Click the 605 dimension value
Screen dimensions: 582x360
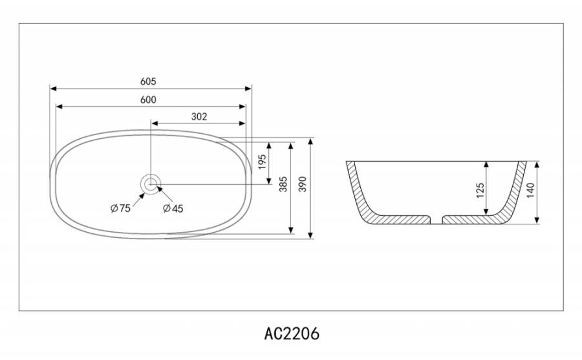pyautogui.click(x=148, y=81)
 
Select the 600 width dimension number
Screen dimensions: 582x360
pyautogui.click(x=148, y=100)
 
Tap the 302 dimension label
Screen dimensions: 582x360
pyautogui.click(x=199, y=117)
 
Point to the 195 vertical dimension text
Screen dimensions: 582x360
pyautogui.click(x=262, y=162)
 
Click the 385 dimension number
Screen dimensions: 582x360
pyautogui.click(x=284, y=184)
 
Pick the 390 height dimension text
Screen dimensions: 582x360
pyautogui.click(x=303, y=184)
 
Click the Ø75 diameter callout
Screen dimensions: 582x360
pyautogui.click(x=121, y=208)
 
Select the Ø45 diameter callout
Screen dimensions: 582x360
pyautogui.click(x=173, y=208)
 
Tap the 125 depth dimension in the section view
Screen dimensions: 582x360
pyautogui.click(x=480, y=190)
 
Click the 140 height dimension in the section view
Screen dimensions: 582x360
pyautogui.click(x=531, y=190)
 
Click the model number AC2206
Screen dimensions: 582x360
pyautogui.click(x=292, y=334)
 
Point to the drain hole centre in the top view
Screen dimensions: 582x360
pyautogui.click(x=151, y=184)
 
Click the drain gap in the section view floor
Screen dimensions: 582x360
pyautogui.click(x=436, y=220)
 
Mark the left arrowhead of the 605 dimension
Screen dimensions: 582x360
pyautogui.click(x=53, y=89)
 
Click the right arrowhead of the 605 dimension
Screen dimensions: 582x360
pyautogui.click(x=249, y=89)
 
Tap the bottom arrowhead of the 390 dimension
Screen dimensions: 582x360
pyautogui.click(x=310, y=235)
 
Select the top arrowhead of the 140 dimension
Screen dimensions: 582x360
pyautogui.click(x=537, y=164)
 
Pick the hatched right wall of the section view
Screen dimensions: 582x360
pyautogui.click(x=512, y=193)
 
